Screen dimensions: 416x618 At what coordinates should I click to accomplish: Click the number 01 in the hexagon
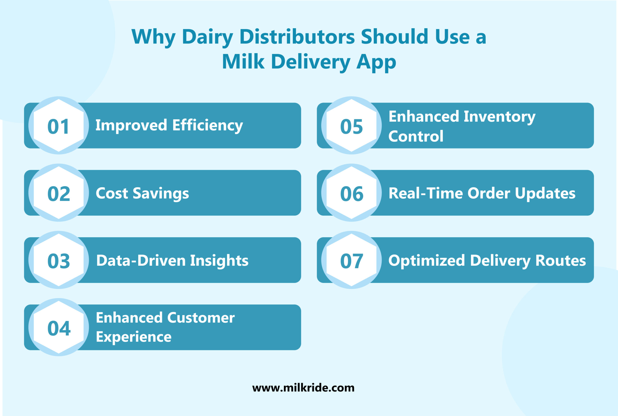pyautogui.click(x=59, y=126)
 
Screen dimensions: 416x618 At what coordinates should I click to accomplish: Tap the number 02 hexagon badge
pyautogui.click(x=59, y=194)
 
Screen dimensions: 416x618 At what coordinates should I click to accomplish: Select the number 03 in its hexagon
pyautogui.click(x=59, y=261)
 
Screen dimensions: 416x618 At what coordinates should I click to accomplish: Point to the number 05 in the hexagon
pyautogui.click(x=351, y=126)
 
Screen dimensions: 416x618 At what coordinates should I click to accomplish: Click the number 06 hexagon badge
pyautogui.click(x=351, y=194)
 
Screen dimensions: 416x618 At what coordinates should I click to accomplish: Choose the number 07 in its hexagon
pyautogui.click(x=351, y=261)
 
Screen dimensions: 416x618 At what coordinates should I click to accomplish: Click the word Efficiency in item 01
pyautogui.click(x=207, y=125)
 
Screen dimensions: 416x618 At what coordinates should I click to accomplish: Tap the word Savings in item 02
pyautogui.click(x=161, y=193)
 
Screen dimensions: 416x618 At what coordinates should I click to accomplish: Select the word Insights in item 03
pyautogui.click(x=219, y=260)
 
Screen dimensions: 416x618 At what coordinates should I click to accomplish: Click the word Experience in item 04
pyautogui.click(x=134, y=337)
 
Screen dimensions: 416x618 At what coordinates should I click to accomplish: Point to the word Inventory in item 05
pyautogui.click(x=499, y=117)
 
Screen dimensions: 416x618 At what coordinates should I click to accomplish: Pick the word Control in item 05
pyautogui.click(x=416, y=136)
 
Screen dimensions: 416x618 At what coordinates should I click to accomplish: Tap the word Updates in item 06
pyautogui.click(x=545, y=193)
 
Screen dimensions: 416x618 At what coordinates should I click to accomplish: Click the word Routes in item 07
pyautogui.click(x=561, y=260)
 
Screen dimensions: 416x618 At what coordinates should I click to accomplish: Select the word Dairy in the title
pyautogui.click(x=207, y=37)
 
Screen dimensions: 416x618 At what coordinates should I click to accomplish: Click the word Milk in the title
pyautogui.click(x=243, y=62)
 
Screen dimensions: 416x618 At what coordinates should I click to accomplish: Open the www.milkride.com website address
pyautogui.click(x=303, y=388)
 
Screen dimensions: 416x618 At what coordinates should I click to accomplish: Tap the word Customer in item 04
pyautogui.click(x=201, y=318)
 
